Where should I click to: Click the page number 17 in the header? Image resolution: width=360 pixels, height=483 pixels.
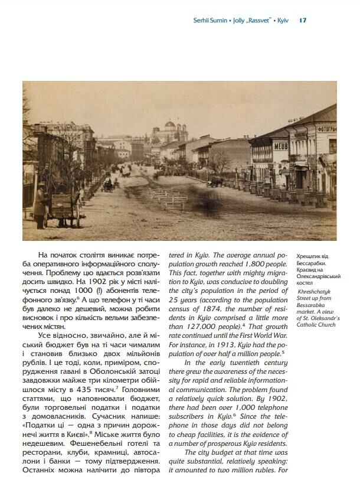coord(303,20)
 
